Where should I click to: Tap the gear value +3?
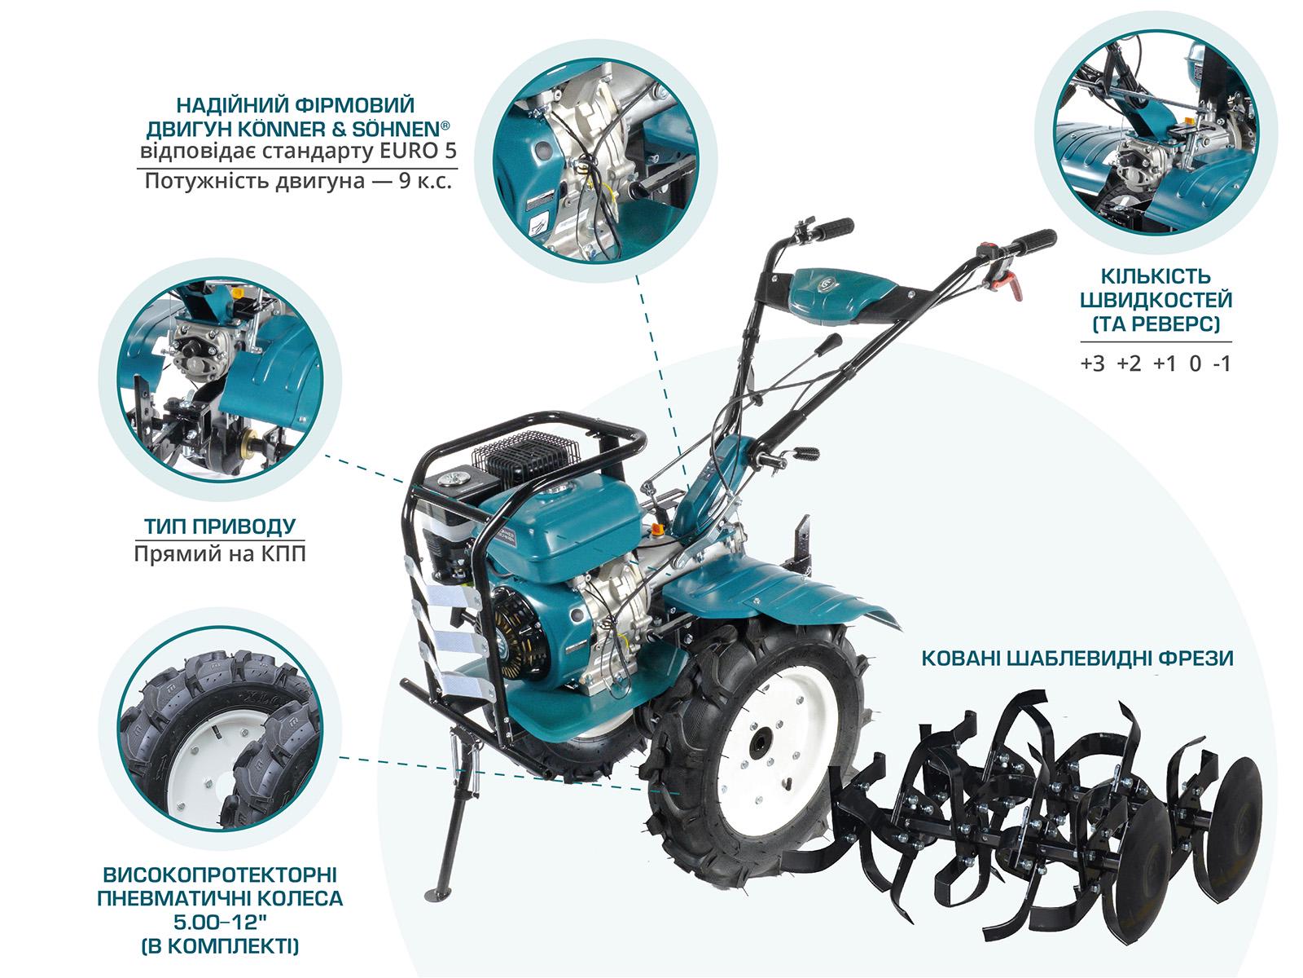tap(1093, 364)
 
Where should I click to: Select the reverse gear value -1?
tap(1222, 364)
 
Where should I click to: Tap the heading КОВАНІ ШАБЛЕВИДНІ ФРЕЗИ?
tap(1077, 658)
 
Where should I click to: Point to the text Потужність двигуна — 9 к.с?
tap(297, 180)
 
